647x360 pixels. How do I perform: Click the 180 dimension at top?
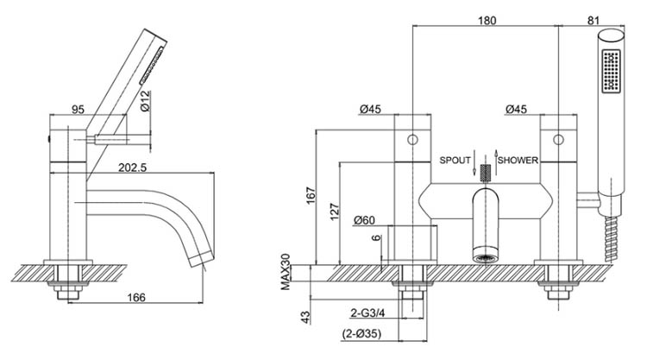point(486,21)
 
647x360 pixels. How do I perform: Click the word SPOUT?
point(455,161)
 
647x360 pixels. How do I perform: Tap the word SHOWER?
point(518,161)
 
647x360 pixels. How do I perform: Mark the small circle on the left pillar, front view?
point(412,139)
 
